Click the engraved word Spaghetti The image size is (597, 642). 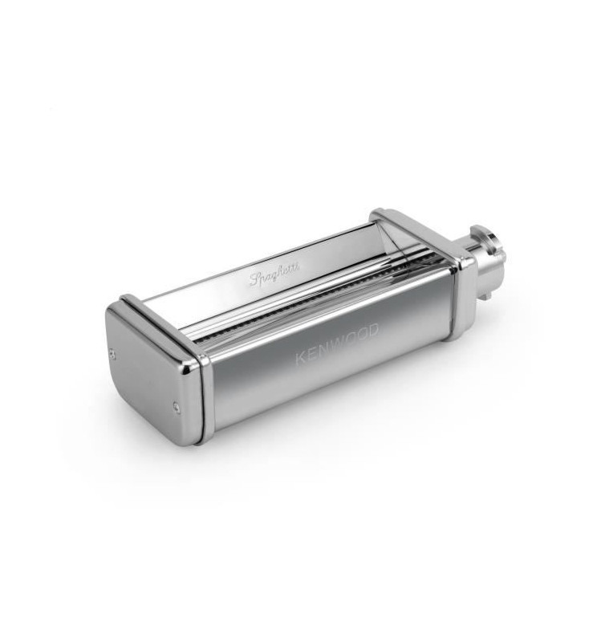(274, 273)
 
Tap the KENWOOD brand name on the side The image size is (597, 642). (336, 343)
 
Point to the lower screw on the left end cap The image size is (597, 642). (177, 406)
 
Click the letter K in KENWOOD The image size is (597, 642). (301, 357)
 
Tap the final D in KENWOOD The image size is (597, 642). (372, 330)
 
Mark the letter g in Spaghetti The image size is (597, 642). (272, 275)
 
